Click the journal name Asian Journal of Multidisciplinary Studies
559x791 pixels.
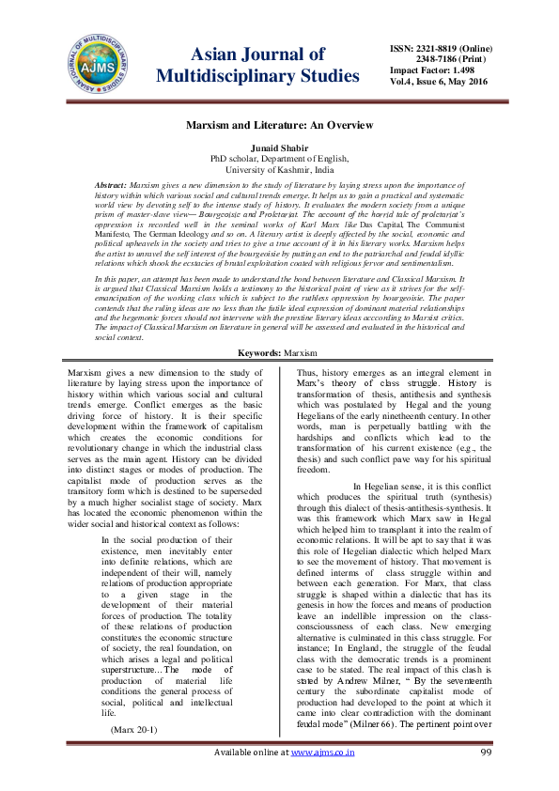(x=256, y=65)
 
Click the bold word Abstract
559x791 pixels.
(x=114, y=186)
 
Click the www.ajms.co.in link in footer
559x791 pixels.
(x=322, y=778)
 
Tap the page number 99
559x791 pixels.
(x=486, y=778)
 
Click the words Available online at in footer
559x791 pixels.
(x=252, y=778)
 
